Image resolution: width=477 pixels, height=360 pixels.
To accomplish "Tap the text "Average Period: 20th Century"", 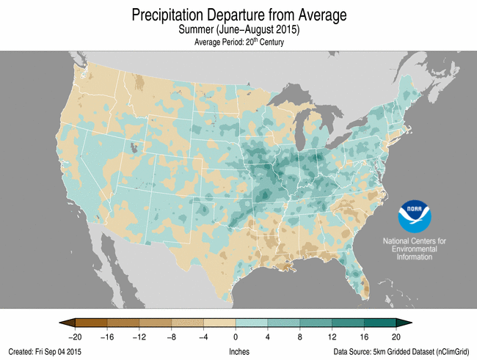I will (239, 43).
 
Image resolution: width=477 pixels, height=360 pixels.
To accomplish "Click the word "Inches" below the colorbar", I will (239, 351).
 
